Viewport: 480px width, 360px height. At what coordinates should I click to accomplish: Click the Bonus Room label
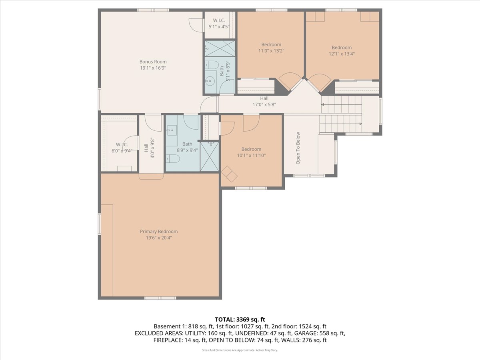tap(153, 62)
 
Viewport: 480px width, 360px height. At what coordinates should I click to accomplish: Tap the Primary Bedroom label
tap(159, 232)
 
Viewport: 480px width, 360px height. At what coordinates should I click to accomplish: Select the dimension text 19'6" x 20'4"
tap(159, 238)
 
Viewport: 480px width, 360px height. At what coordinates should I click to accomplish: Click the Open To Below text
tap(298, 148)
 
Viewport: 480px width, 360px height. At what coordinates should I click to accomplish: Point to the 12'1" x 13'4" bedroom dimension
tap(342, 54)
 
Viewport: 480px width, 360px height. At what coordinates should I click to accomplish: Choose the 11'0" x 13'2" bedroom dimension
tap(271, 51)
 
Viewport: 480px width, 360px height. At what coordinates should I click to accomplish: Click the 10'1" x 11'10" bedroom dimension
tap(251, 156)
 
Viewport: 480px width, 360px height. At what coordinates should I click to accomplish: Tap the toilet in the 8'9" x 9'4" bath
tap(173, 159)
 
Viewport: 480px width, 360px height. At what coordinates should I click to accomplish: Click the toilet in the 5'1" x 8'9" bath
tap(212, 65)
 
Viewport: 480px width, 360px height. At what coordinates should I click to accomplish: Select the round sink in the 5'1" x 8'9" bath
tap(210, 81)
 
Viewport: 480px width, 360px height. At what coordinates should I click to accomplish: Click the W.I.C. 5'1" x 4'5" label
tap(219, 23)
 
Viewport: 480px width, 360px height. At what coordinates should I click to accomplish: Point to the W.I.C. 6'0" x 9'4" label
tap(122, 148)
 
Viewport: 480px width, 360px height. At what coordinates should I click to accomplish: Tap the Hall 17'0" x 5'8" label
tap(264, 102)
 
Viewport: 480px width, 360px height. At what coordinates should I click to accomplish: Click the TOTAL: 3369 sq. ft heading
tap(240, 319)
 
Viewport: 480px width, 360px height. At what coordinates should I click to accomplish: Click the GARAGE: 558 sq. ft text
tap(320, 333)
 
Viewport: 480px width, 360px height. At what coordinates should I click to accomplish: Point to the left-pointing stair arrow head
tap(322, 104)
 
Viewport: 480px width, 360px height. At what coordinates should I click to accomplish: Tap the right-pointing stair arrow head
tap(360, 124)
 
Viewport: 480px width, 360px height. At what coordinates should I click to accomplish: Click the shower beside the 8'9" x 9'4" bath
tap(210, 156)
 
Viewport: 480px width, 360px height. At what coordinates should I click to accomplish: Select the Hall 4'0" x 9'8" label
tap(149, 148)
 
